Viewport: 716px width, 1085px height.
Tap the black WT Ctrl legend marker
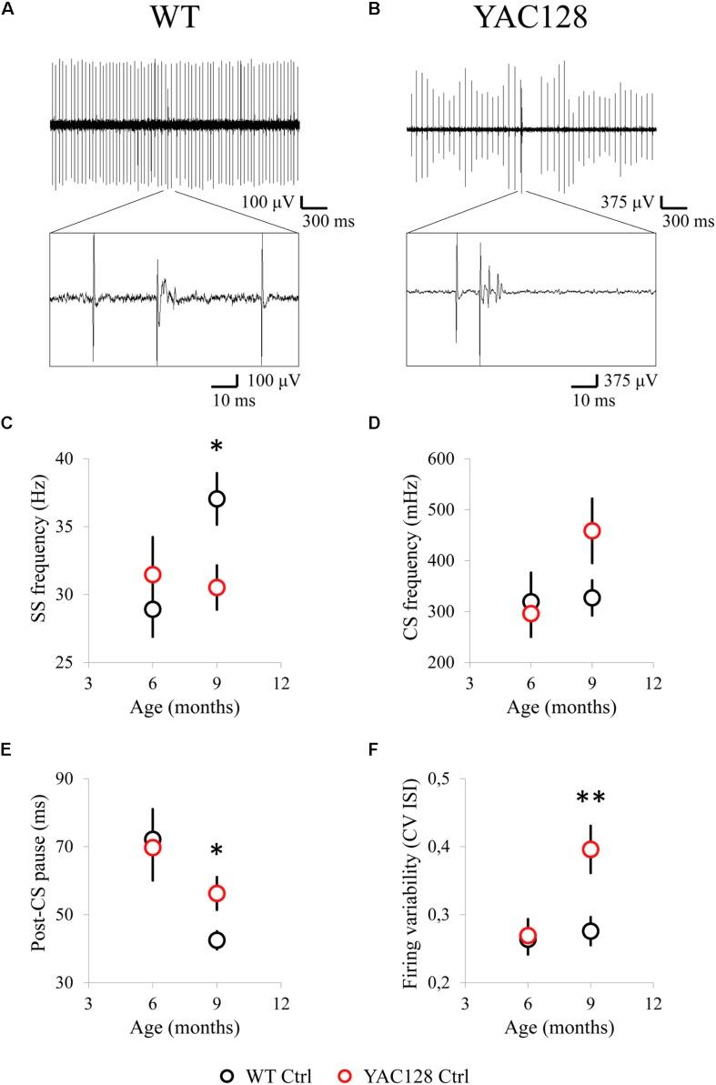point(229,1070)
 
